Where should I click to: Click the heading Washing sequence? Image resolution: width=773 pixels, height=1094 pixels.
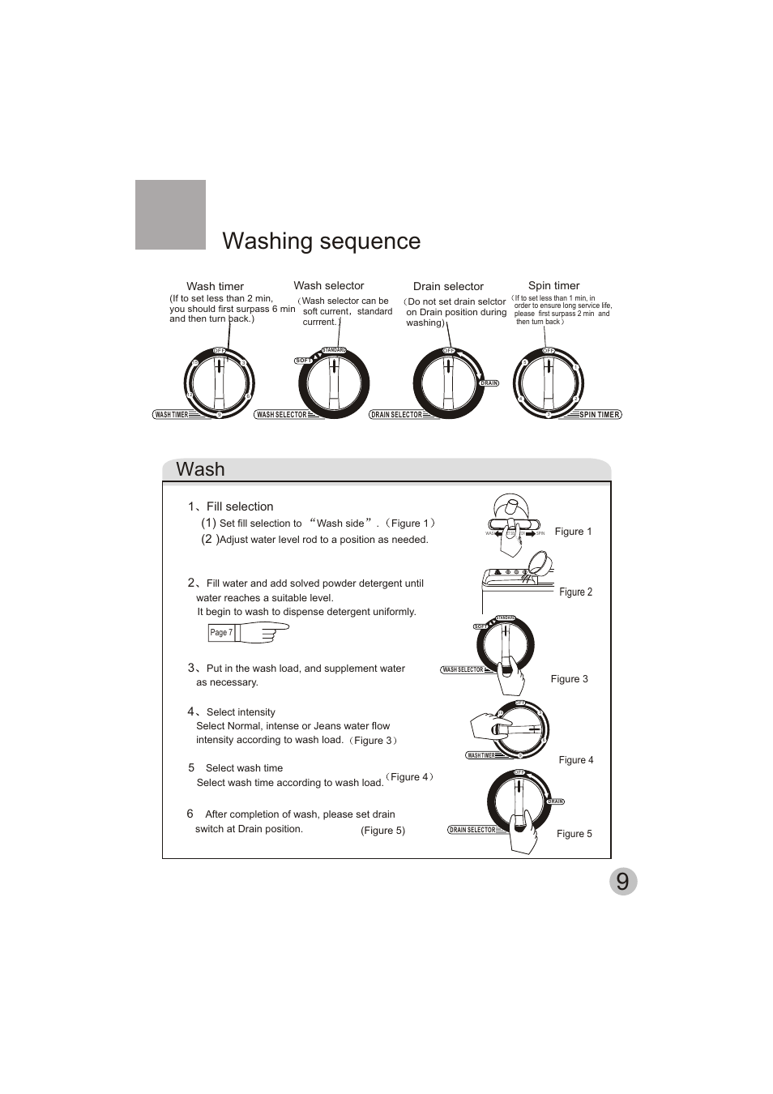(x=321, y=241)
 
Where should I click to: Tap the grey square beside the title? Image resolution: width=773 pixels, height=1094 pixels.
(x=170, y=215)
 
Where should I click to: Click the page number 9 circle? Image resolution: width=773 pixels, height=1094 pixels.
(x=622, y=882)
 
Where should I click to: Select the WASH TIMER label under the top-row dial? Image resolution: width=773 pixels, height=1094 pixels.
(x=172, y=415)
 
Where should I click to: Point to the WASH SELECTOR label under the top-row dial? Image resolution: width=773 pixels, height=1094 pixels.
(x=282, y=415)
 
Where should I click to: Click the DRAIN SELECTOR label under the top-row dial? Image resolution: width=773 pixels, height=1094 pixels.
(x=397, y=415)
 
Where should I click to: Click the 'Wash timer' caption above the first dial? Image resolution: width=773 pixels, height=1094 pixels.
(x=215, y=286)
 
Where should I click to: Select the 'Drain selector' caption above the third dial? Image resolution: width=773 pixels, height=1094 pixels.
(x=448, y=286)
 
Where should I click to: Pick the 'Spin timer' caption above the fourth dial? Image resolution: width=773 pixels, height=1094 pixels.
(x=554, y=285)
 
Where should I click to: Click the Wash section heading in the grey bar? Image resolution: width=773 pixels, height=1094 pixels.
(x=200, y=470)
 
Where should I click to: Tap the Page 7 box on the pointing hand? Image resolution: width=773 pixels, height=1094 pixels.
(x=221, y=633)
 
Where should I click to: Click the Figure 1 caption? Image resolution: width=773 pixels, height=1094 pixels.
(x=574, y=532)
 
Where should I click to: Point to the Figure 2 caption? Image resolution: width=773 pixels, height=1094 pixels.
(x=576, y=592)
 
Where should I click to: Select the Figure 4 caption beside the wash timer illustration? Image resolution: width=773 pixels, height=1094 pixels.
(x=576, y=760)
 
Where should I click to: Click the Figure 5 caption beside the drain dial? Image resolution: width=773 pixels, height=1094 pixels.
(x=574, y=834)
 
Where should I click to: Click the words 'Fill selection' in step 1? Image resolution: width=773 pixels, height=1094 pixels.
(x=240, y=506)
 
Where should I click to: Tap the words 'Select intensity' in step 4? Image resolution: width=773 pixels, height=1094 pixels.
(x=241, y=712)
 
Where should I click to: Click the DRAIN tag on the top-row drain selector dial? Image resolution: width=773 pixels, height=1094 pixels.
(x=489, y=383)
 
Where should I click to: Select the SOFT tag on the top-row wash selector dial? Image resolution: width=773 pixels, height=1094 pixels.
(x=304, y=361)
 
